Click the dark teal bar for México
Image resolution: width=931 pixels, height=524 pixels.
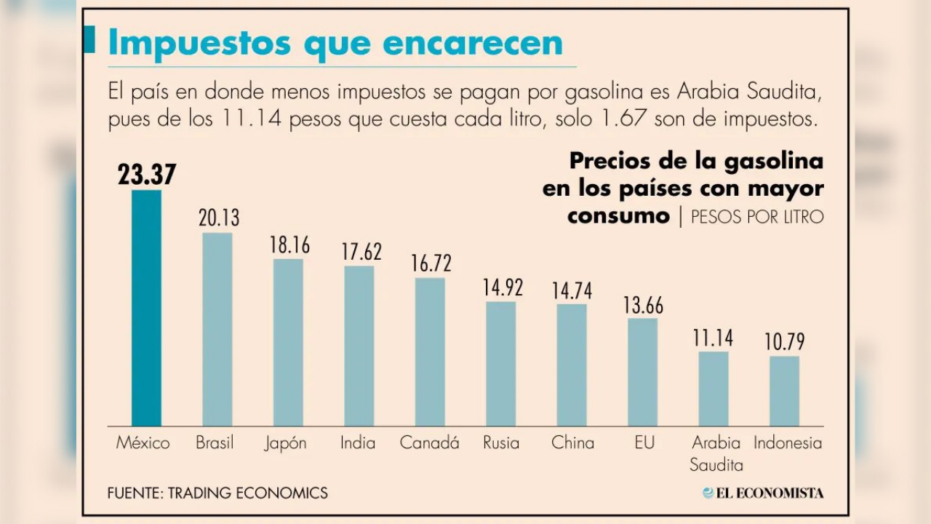point(146,308)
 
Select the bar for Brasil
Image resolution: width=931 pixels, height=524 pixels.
point(217,329)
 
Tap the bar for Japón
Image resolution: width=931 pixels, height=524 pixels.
point(288,342)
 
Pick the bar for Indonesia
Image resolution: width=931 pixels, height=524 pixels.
point(784,391)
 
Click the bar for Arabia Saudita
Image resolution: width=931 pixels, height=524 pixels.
point(714,389)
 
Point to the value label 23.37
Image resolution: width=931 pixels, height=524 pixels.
point(147,175)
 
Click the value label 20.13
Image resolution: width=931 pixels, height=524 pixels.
point(218,218)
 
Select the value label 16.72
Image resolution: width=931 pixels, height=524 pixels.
point(431,263)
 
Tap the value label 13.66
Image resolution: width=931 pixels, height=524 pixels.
point(643,304)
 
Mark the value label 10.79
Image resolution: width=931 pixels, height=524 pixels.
point(785,342)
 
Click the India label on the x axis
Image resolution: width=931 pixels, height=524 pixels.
point(358,442)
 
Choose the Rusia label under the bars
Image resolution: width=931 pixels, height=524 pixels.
point(501,442)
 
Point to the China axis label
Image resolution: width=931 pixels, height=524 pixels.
point(572,442)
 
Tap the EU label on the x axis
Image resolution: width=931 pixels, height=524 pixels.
point(644,442)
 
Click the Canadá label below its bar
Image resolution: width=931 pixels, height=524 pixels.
point(429,442)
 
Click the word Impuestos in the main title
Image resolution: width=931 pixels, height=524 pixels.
point(199,43)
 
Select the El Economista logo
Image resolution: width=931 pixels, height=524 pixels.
point(763,493)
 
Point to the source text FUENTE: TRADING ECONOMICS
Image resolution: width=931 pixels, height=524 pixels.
point(217,493)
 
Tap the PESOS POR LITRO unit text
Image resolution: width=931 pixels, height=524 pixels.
point(757,217)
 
